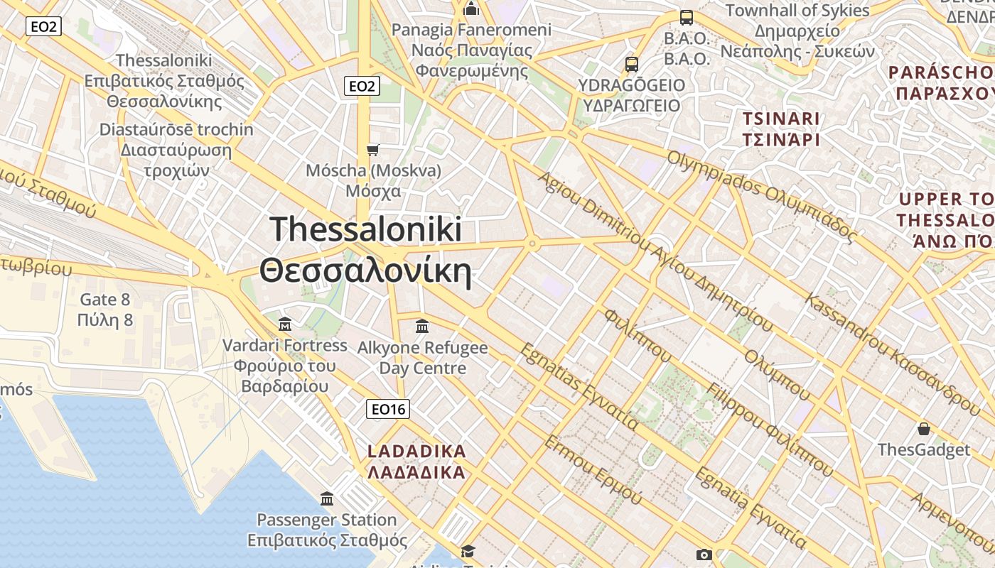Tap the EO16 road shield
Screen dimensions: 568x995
pos(389,409)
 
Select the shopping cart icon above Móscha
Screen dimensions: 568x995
pos(373,150)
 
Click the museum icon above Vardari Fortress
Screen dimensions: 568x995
pos(285,324)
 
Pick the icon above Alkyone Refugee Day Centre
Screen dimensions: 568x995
pos(422,327)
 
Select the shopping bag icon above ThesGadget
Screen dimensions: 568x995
pos(923,429)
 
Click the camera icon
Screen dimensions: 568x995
pos(704,555)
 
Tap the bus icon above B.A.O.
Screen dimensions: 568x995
pos(687,18)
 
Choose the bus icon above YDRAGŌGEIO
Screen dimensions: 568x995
pos(632,65)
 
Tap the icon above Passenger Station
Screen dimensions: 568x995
pos(327,498)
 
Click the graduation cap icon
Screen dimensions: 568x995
pos(468,552)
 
